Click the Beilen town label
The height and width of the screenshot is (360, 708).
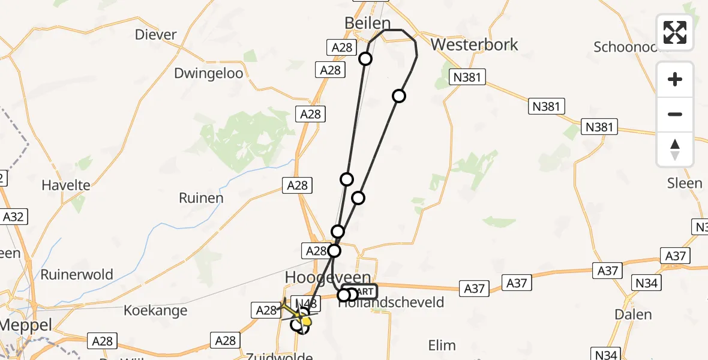[x=367, y=23]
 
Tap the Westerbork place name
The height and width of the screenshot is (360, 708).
[x=474, y=44]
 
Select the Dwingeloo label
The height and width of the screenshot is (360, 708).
[x=209, y=73]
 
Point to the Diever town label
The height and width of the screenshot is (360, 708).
[x=156, y=34]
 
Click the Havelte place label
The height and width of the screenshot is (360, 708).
[x=66, y=185]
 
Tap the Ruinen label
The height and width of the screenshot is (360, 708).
[x=201, y=197]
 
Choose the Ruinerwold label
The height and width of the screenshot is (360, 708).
[x=77, y=275]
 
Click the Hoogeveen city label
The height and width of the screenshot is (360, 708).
[x=320, y=277]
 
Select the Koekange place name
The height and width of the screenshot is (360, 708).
[x=155, y=311]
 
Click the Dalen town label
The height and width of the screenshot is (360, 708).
[x=633, y=314]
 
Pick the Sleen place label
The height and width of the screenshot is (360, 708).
[x=685, y=182]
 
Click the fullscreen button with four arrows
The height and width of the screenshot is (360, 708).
[x=675, y=32]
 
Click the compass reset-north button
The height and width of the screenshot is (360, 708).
[x=675, y=149]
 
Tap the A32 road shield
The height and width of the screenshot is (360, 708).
[x=13, y=217]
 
